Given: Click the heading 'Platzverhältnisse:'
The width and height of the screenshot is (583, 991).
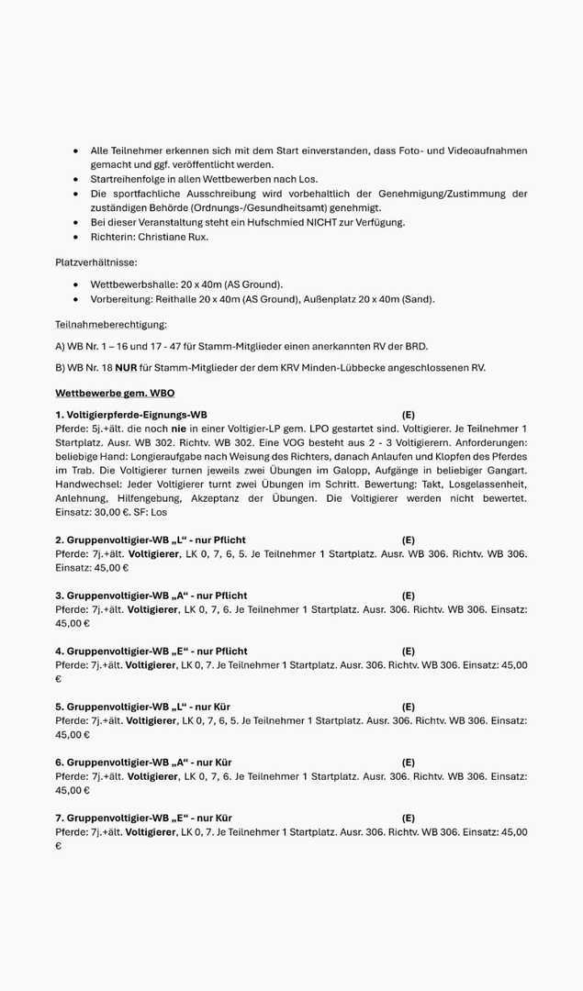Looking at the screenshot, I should pos(95,262).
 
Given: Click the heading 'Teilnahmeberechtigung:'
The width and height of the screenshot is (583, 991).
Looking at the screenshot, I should pos(110,324).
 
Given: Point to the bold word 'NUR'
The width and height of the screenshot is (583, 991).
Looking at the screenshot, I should pos(126,368).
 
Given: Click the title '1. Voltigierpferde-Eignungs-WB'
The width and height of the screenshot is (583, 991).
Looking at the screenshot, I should pos(130,415).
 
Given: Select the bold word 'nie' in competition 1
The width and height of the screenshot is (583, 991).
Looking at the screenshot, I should pos(178,429).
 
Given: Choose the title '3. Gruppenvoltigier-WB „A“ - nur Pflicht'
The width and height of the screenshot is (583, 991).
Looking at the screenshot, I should pos(151,596).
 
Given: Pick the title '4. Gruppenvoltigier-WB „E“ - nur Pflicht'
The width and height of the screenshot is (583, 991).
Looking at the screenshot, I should pos(151,651).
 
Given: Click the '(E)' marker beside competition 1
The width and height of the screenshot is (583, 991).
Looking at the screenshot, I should pos(408,415).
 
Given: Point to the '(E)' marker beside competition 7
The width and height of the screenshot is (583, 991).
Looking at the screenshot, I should pos(408,818).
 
